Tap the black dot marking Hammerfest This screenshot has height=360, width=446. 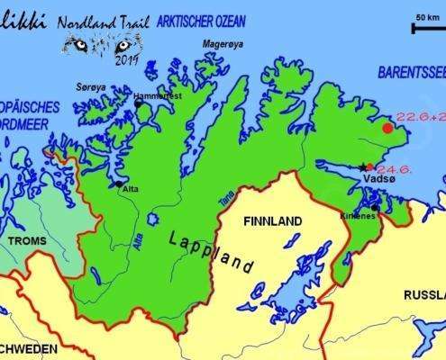tap(138, 103)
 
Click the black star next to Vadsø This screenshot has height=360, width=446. tap(363, 166)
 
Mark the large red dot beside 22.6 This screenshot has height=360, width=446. tap(387, 128)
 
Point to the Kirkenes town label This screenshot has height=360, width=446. tap(359, 216)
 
